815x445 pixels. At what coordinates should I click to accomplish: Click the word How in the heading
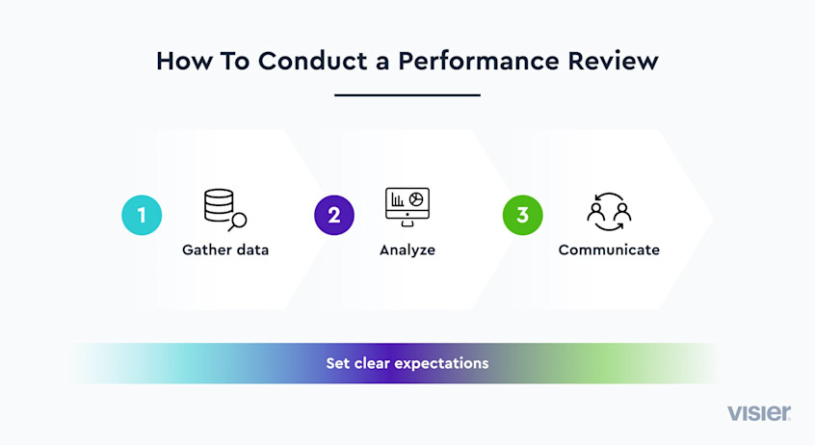tap(181, 61)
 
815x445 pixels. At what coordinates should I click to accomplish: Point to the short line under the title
tap(407, 95)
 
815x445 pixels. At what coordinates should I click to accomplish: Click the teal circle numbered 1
tap(142, 215)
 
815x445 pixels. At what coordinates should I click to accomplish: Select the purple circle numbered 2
tap(333, 215)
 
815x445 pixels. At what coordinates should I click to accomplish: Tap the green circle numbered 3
tap(522, 215)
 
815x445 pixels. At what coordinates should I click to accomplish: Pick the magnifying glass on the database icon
tap(237, 222)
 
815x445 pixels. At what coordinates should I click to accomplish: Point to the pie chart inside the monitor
tap(416, 198)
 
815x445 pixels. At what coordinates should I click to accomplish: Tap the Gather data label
tap(225, 250)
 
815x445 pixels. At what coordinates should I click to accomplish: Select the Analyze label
tap(407, 250)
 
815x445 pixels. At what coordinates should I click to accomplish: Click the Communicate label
tap(609, 250)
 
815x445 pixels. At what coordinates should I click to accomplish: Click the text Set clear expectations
tap(407, 364)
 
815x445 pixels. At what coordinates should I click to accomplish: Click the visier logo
tap(759, 413)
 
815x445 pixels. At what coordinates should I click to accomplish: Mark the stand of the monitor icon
tap(407, 224)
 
